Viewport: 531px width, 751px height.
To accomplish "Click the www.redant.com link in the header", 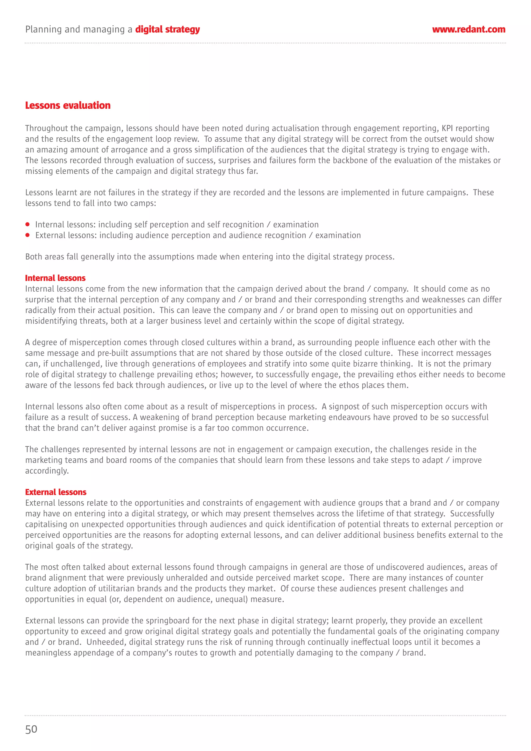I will click(x=469, y=30).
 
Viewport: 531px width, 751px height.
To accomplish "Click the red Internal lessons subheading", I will click(x=55, y=278).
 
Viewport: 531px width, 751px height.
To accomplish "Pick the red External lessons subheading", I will click(x=56, y=492).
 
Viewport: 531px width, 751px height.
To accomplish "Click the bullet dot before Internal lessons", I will click(x=28, y=224).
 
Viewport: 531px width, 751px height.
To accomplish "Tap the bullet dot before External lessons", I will click(x=28, y=235).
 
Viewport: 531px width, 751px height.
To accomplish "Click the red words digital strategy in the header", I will click(x=167, y=30).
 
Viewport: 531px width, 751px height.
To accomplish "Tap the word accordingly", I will click(x=47, y=471).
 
